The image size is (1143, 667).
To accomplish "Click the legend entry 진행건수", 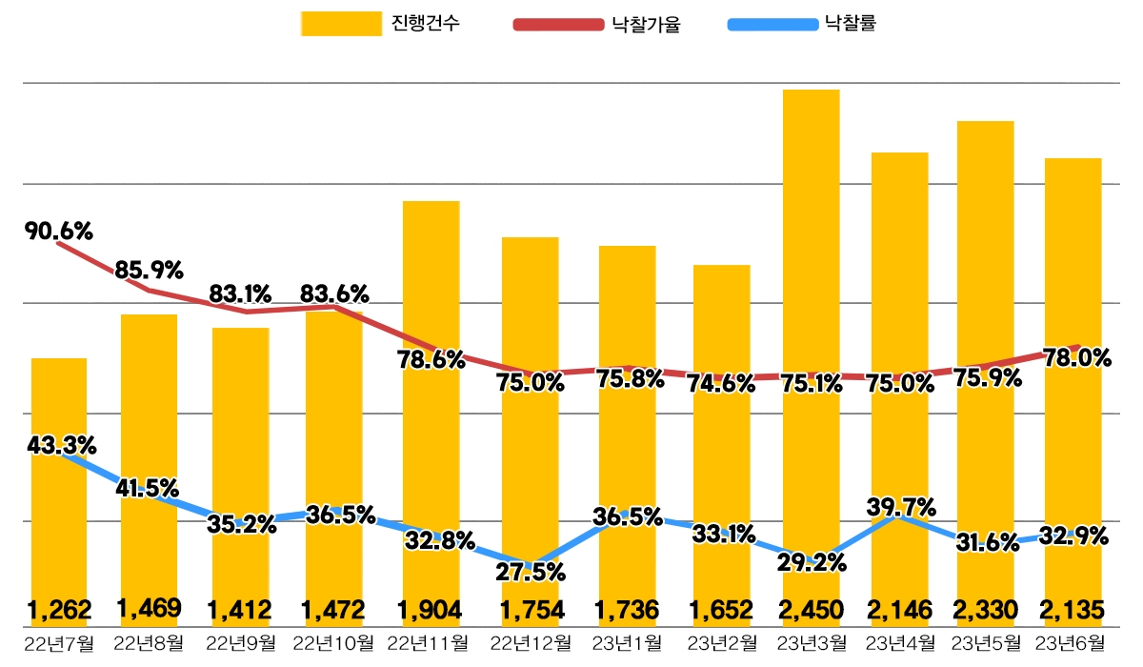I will [x=381, y=24].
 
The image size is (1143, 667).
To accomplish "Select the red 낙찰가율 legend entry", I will [x=599, y=24].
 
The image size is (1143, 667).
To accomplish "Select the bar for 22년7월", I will [x=59, y=476].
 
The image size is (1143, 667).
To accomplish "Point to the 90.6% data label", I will [x=59, y=231].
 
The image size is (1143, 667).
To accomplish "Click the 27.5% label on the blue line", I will [x=531, y=573].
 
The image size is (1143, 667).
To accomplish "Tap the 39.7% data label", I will [x=901, y=505].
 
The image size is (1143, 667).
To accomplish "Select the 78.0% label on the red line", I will [x=1077, y=358].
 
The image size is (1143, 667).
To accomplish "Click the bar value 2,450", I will [x=811, y=608].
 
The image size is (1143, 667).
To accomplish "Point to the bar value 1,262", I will [x=59, y=608].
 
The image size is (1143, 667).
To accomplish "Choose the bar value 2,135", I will [x=1073, y=608].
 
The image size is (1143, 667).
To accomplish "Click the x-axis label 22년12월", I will [x=531, y=644].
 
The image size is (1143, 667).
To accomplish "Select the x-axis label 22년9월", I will [x=241, y=644].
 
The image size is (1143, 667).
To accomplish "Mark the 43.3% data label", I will [x=62, y=445].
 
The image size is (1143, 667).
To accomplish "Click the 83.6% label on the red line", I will [x=334, y=293].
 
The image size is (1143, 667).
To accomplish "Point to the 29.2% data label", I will [x=812, y=562].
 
